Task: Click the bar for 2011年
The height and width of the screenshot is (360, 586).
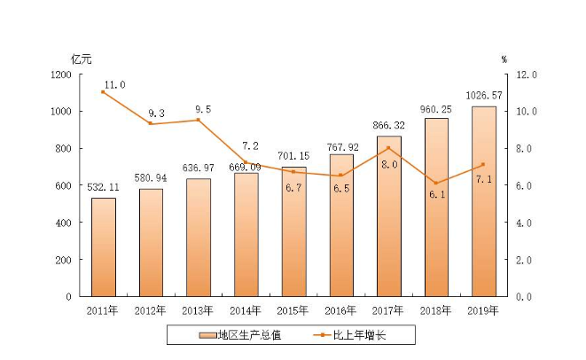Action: click(x=104, y=247)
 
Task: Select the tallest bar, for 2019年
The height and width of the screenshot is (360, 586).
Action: click(x=484, y=201)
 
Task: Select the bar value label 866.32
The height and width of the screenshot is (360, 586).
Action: click(x=388, y=127)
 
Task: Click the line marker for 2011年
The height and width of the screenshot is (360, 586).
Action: click(x=104, y=92)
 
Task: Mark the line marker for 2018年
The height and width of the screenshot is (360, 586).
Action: click(x=436, y=184)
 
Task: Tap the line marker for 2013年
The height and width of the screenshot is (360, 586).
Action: click(x=199, y=120)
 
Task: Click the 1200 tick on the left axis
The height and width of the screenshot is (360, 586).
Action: click(x=61, y=74)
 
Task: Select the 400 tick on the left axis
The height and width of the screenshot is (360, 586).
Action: click(x=65, y=223)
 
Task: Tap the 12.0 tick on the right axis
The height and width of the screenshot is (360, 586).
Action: click(x=527, y=74)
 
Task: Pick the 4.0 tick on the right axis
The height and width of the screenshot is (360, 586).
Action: click(x=525, y=223)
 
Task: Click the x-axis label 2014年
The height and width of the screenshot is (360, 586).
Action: click(x=246, y=310)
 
